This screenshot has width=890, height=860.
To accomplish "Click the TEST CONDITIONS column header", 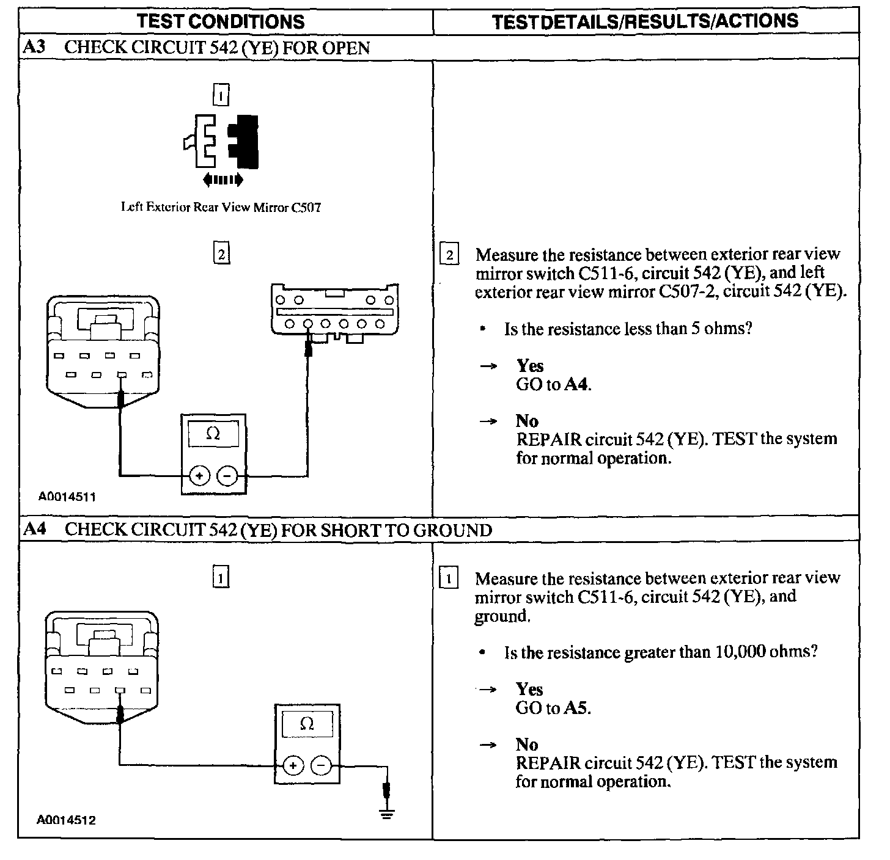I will tap(221, 22).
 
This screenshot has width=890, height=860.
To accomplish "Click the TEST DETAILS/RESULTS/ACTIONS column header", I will tap(645, 21).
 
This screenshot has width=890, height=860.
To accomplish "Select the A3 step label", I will tap(34, 48).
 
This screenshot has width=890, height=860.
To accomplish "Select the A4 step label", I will tap(35, 529).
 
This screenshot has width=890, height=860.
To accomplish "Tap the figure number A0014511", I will tap(67, 497).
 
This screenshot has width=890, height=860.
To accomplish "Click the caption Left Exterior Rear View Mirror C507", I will tap(221, 208).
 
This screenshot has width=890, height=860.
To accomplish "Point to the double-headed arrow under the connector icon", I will tap(223, 180).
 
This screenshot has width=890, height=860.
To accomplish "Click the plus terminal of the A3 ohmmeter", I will tap(199, 475).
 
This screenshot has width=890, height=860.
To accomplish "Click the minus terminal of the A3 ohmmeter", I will tap(228, 475).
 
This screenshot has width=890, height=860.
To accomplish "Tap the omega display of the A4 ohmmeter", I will tap(307, 724).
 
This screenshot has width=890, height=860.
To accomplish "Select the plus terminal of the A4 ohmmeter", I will tap(293, 765).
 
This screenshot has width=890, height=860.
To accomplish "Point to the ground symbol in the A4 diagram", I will tap(386, 813).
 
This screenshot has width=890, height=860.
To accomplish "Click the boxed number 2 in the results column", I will tap(449, 255).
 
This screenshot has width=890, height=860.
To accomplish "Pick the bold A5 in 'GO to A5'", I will tap(576, 709).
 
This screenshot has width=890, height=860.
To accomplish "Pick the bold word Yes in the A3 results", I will tap(530, 366).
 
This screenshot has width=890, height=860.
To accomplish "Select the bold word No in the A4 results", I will tap(527, 745).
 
